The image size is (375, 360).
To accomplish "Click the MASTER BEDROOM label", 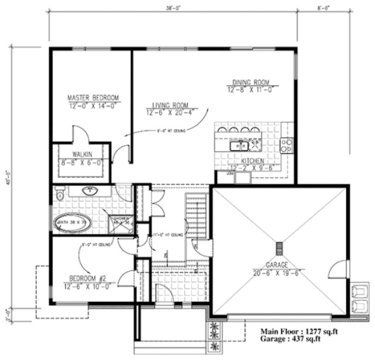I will (x=93, y=98).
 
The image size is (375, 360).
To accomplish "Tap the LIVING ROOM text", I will (x=170, y=105).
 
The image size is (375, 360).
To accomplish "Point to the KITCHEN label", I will (x=253, y=161).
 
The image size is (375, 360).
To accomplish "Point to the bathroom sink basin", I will (x=89, y=191).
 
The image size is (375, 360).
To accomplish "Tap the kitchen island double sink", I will (x=238, y=145).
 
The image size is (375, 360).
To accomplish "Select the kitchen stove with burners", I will (x=286, y=145).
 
